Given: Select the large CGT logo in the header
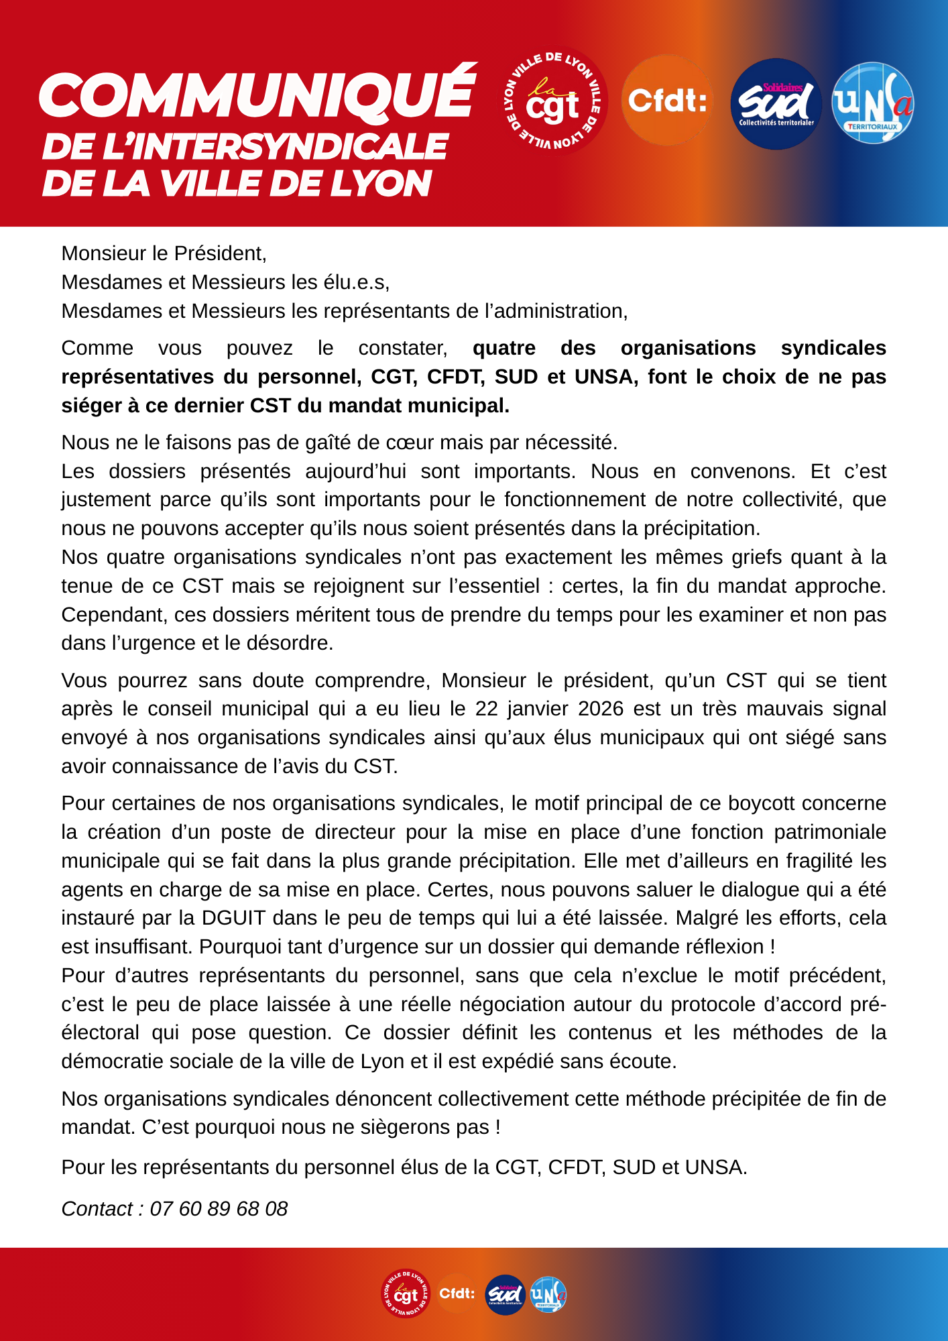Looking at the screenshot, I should (x=555, y=101).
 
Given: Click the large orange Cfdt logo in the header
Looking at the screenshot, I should (x=667, y=101).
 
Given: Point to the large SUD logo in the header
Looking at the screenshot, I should (x=776, y=104).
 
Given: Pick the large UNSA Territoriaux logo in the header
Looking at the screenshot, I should (x=873, y=103).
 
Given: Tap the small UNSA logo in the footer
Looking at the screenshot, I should (x=548, y=1294).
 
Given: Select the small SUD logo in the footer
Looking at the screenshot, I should (x=506, y=1294).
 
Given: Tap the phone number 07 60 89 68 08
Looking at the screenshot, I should (x=219, y=1208).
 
